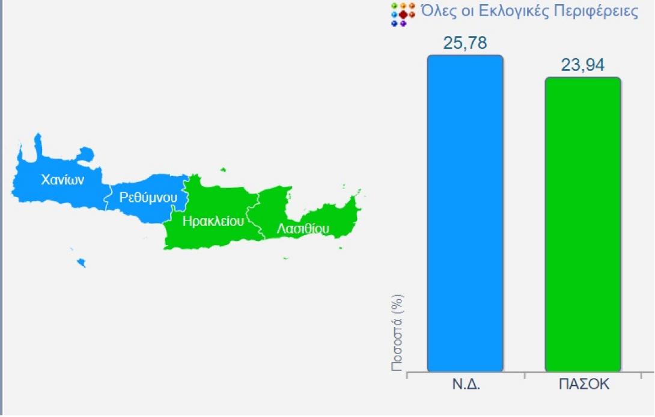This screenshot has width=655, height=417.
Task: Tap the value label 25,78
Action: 465,43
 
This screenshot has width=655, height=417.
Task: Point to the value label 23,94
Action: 582,65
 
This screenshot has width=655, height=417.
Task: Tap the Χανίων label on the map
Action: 61,179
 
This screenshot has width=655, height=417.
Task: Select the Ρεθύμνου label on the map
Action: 148,196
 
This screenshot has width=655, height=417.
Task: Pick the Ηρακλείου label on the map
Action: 213,221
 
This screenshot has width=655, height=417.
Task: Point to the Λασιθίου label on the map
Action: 303,229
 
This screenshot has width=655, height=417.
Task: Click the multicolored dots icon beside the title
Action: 402,14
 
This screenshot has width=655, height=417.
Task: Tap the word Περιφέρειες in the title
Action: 602,13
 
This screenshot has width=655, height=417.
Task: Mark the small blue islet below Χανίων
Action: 81,263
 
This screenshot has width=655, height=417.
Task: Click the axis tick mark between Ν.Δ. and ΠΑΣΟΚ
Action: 524,376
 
